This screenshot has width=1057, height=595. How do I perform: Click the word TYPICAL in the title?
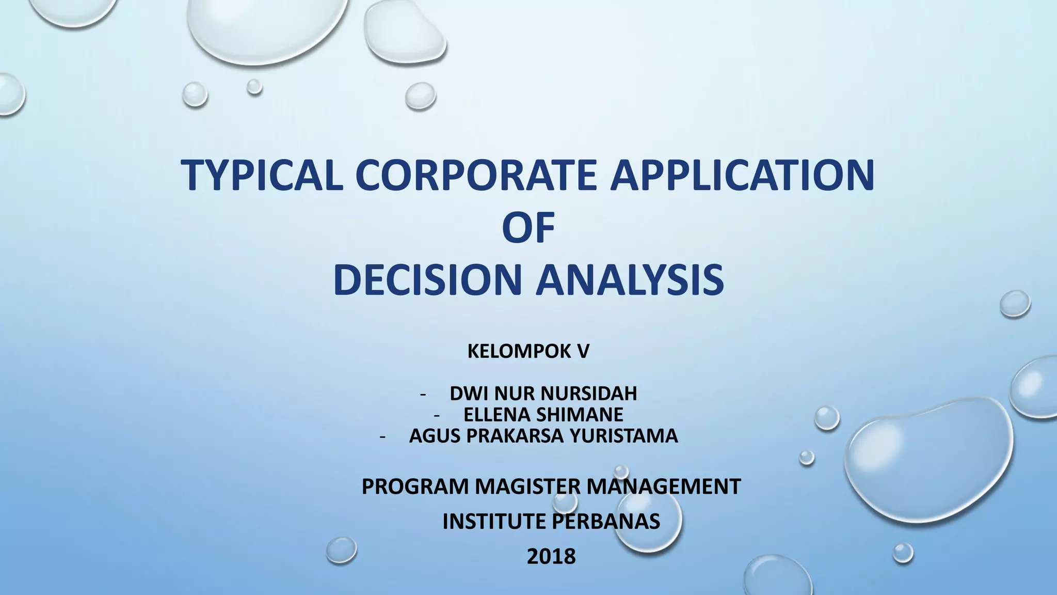tap(262, 175)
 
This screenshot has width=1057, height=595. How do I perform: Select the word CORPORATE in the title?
tap(475, 175)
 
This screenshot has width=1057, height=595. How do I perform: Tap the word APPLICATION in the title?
tap(742, 175)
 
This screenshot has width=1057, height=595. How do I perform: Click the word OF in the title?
tap(528, 227)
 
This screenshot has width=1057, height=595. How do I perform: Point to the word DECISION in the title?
tap(428, 280)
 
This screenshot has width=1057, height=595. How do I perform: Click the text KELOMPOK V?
tap(528, 351)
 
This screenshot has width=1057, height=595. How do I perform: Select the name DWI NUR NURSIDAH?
tap(543, 394)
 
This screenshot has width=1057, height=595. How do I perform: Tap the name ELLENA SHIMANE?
tap(543, 415)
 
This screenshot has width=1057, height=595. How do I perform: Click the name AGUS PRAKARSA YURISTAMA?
tap(543, 436)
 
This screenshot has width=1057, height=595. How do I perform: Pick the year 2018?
tap(551, 557)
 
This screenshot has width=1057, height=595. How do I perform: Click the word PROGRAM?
tap(414, 487)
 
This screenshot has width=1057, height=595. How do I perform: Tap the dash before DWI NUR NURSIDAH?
tap(423, 395)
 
